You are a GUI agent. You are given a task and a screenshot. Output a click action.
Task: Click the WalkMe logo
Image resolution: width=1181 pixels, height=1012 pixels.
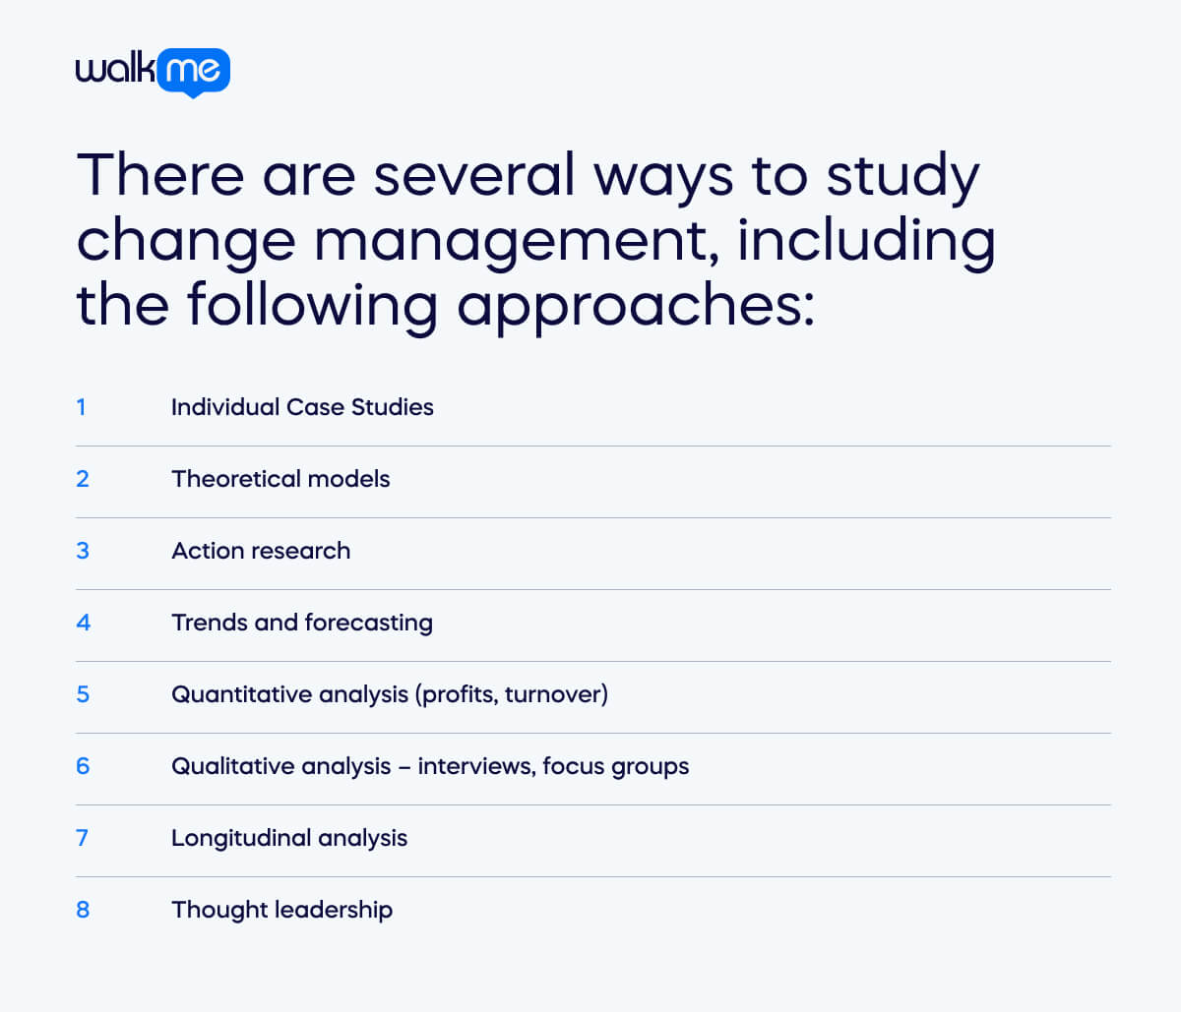click(x=153, y=71)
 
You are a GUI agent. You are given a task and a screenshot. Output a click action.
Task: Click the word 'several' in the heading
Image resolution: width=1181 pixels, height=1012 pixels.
click(x=473, y=175)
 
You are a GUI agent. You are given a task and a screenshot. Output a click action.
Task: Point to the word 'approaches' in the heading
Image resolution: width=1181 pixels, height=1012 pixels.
click(x=635, y=305)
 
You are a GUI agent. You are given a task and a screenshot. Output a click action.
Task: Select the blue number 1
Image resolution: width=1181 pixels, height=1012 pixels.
click(x=81, y=407)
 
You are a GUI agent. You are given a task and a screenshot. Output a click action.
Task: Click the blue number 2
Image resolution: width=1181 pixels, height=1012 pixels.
click(x=83, y=479)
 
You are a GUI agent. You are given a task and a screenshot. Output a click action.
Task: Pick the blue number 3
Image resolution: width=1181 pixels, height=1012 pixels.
click(x=83, y=551)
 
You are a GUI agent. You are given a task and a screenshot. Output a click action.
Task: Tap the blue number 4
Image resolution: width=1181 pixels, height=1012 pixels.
click(x=83, y=623)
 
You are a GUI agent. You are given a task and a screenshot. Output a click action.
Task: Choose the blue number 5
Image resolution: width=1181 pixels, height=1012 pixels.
click(x=83, y=694)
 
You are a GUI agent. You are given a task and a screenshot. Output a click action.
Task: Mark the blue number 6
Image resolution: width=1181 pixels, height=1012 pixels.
click(x=83, y=766)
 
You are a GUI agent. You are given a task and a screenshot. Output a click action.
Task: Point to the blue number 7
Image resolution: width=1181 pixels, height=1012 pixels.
click(x=82, y=838)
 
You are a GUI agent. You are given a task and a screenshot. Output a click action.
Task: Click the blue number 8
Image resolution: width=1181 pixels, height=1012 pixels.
click(x=83, y=910)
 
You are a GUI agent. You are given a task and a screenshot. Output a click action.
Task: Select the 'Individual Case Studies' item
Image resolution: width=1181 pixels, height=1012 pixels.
click(x=302, y=407)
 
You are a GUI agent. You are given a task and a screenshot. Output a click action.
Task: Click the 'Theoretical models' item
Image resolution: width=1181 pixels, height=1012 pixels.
click(x=280, y=479)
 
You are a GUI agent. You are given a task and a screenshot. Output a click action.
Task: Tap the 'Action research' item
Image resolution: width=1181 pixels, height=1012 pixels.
click(x=261, y=551)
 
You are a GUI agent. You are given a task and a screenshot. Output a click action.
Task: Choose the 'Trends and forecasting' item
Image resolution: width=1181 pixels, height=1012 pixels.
click(x=302, y=623)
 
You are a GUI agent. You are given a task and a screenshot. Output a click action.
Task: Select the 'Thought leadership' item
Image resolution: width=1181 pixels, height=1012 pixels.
click(x=281, y=910)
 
